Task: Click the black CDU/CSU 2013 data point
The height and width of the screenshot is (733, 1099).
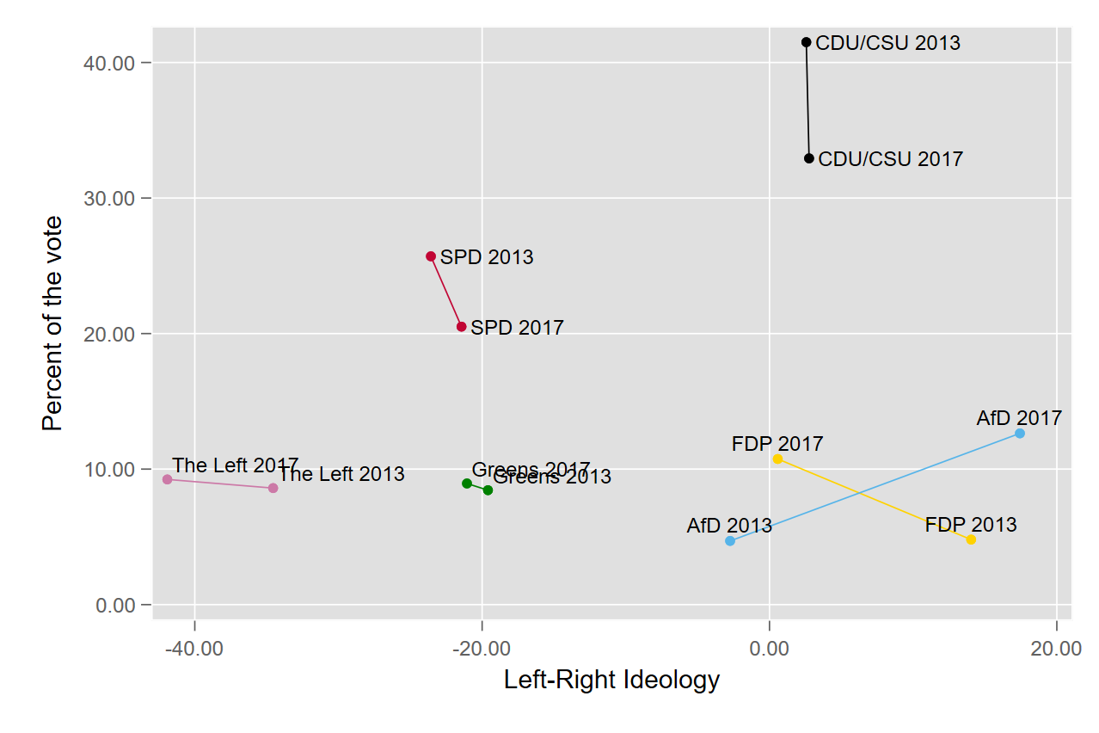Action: (x=806, y=42)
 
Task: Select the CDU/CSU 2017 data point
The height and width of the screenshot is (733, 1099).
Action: (x=809, y=158)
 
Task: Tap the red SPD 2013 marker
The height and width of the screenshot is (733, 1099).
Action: (x=431, y=256)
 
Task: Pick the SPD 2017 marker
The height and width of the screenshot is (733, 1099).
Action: (x=462, y=327)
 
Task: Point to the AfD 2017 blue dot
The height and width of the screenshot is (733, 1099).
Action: (x=1020, y=434)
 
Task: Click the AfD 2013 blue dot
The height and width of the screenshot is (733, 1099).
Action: (x=730, y=541)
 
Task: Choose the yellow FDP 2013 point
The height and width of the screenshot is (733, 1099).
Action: (x=971, y=540)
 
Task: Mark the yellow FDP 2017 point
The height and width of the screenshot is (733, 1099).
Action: (x=777, y=459)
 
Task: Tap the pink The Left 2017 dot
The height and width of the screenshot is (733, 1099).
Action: (x=167, y=479)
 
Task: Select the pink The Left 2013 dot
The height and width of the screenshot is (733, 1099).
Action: (x=273, y=488)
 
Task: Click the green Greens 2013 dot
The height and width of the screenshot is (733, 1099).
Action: (x=488, y=490)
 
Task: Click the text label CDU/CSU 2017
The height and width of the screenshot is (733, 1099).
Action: (x=891, y=159)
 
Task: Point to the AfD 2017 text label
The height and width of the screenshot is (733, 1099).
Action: (x=1019, y=419)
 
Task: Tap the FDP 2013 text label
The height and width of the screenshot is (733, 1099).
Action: (x=971, y=525)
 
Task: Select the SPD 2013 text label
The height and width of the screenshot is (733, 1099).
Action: (x=487, y=257)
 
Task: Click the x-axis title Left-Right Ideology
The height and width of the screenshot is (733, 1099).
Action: (x=611, y=681)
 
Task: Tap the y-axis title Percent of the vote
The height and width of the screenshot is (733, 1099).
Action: (x=52, y=323)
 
